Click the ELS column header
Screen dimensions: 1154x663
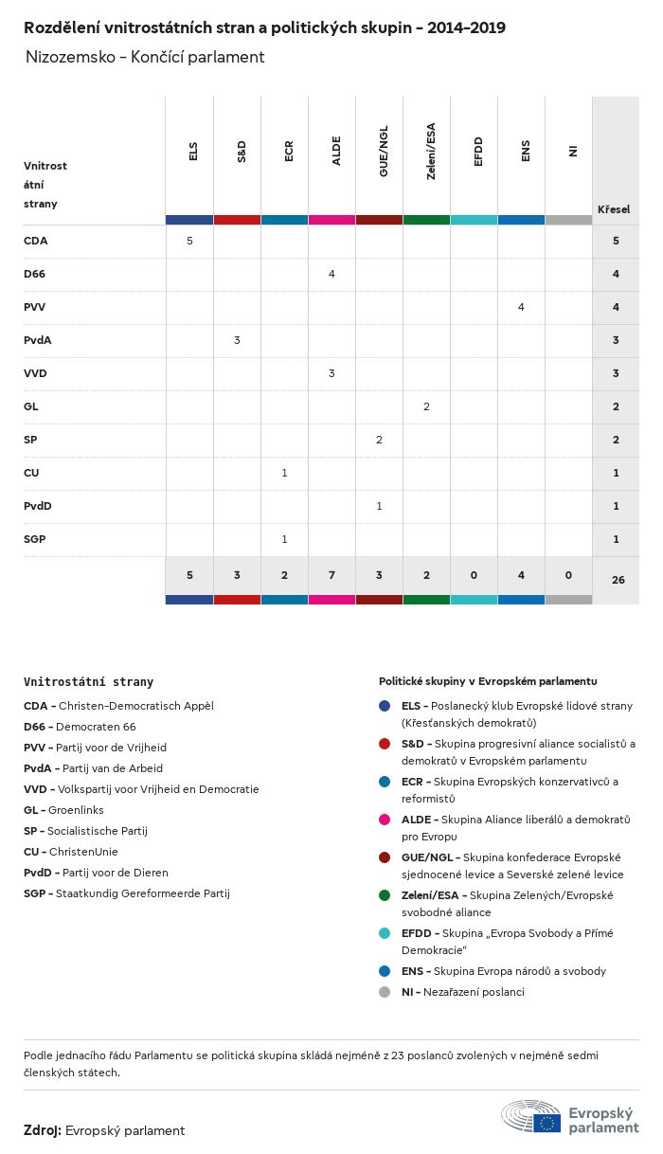[193, 152]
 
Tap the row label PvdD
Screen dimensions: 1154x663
[38, 506]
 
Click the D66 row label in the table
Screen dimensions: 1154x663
[34, 274]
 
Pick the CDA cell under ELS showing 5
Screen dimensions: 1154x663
[189, 241]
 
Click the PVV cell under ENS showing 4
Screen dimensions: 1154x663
[521, 307]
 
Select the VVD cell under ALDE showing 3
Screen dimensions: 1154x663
[331, 373]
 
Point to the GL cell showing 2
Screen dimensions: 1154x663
[426, 406]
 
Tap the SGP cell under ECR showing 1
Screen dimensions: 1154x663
[284, 539]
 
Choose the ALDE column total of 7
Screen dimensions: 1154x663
[331, 574]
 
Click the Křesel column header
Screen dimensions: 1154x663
[614, 209]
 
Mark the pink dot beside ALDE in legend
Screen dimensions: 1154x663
[385, 820]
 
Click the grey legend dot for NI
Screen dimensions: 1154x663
[385, 992]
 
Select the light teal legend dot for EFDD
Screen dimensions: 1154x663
[385, 933]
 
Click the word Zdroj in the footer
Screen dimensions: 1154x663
[42, 1130]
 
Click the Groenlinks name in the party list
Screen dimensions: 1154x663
[76, 810]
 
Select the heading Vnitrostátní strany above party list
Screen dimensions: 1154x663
[88, 681]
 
